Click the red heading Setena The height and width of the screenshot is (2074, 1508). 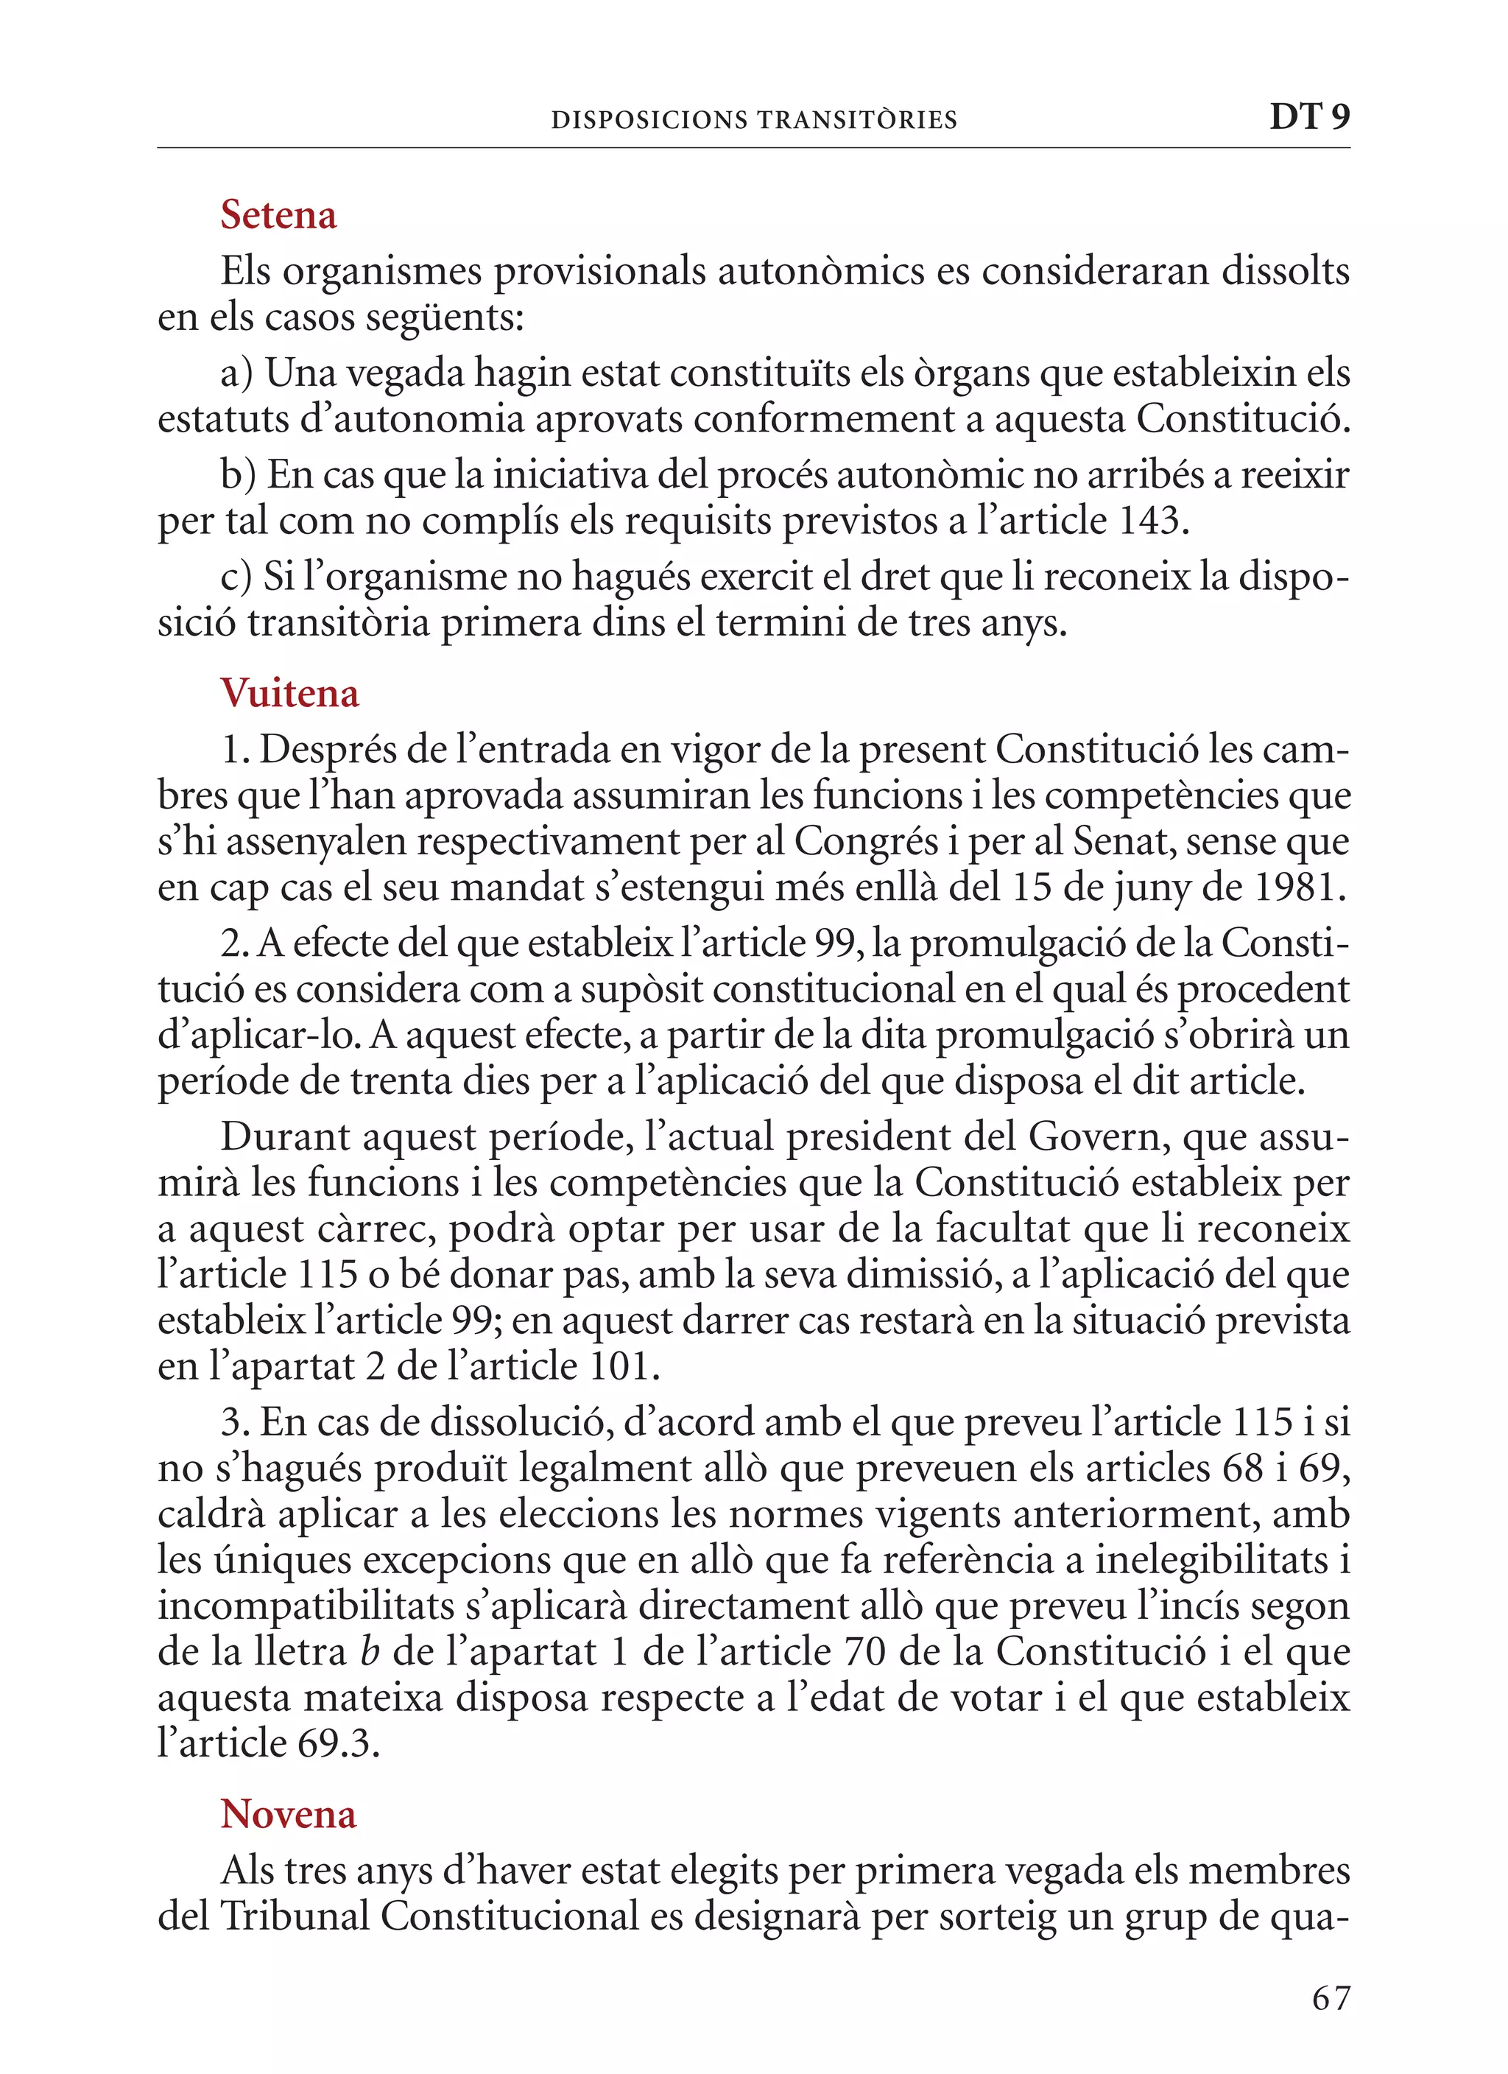(x=278, y=216)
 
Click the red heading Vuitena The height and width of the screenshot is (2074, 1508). (x=289, y=694)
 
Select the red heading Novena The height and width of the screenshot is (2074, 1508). (x=287, y=1814)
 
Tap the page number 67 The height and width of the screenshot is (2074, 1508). (x=1331, y=1999)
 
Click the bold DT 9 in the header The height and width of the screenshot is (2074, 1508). (x=1308, y=117)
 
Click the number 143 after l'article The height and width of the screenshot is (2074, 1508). (x=1150, y=521)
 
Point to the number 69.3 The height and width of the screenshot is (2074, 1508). (x=337, y=1744)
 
